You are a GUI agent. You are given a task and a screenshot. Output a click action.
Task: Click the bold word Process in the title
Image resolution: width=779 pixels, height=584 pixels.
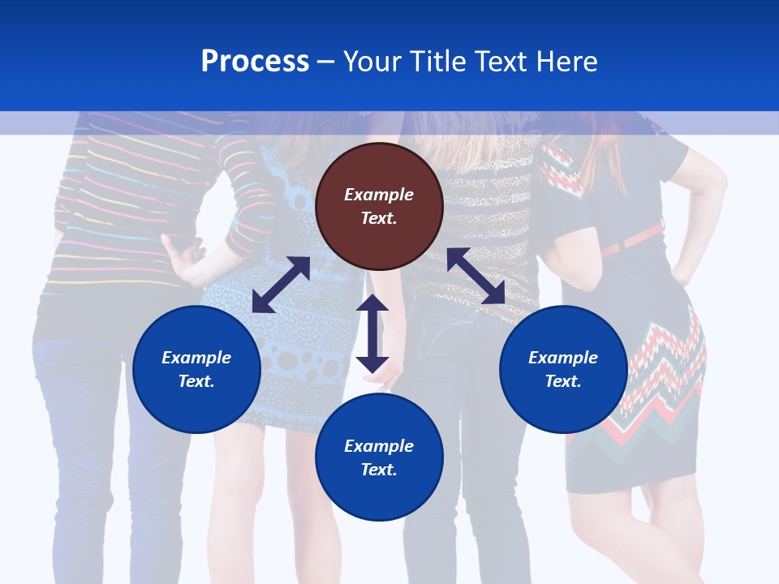coord(255,62)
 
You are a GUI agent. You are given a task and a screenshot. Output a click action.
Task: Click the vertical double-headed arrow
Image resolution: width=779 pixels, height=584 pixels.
coord(372,333)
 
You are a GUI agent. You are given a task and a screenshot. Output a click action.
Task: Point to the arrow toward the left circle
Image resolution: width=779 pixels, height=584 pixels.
coord(281,285)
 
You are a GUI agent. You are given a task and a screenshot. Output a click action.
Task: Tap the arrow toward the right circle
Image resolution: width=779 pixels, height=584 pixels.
coord(476,276)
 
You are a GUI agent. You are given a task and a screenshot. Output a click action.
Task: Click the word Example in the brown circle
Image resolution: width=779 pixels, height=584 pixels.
coord(379,195)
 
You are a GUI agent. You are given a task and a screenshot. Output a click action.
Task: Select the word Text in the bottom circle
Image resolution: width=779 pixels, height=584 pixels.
coord(379,470)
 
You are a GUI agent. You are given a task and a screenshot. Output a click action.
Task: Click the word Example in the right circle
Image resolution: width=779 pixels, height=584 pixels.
coord(563,358)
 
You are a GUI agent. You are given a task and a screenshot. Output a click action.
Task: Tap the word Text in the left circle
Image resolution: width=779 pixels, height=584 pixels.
coord(196,381)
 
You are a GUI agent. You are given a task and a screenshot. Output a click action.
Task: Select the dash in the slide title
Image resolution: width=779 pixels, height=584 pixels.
coord(326,62)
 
